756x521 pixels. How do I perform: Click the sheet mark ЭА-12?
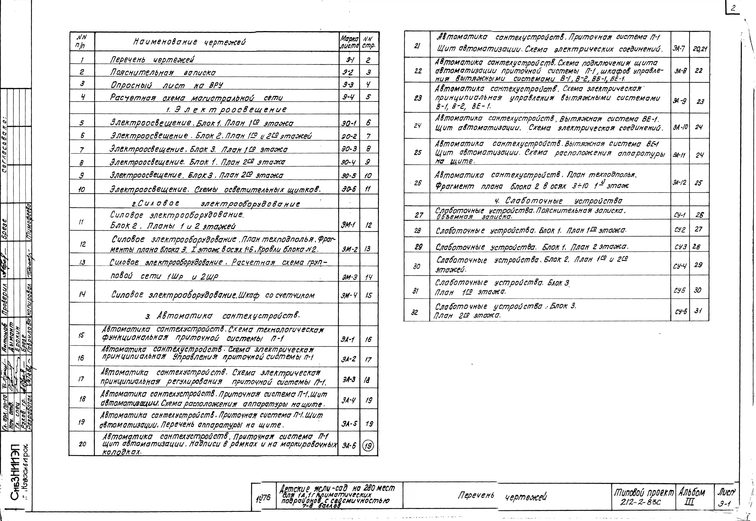pos(680,183)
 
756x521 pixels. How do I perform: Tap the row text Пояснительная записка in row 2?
pos(163,72)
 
